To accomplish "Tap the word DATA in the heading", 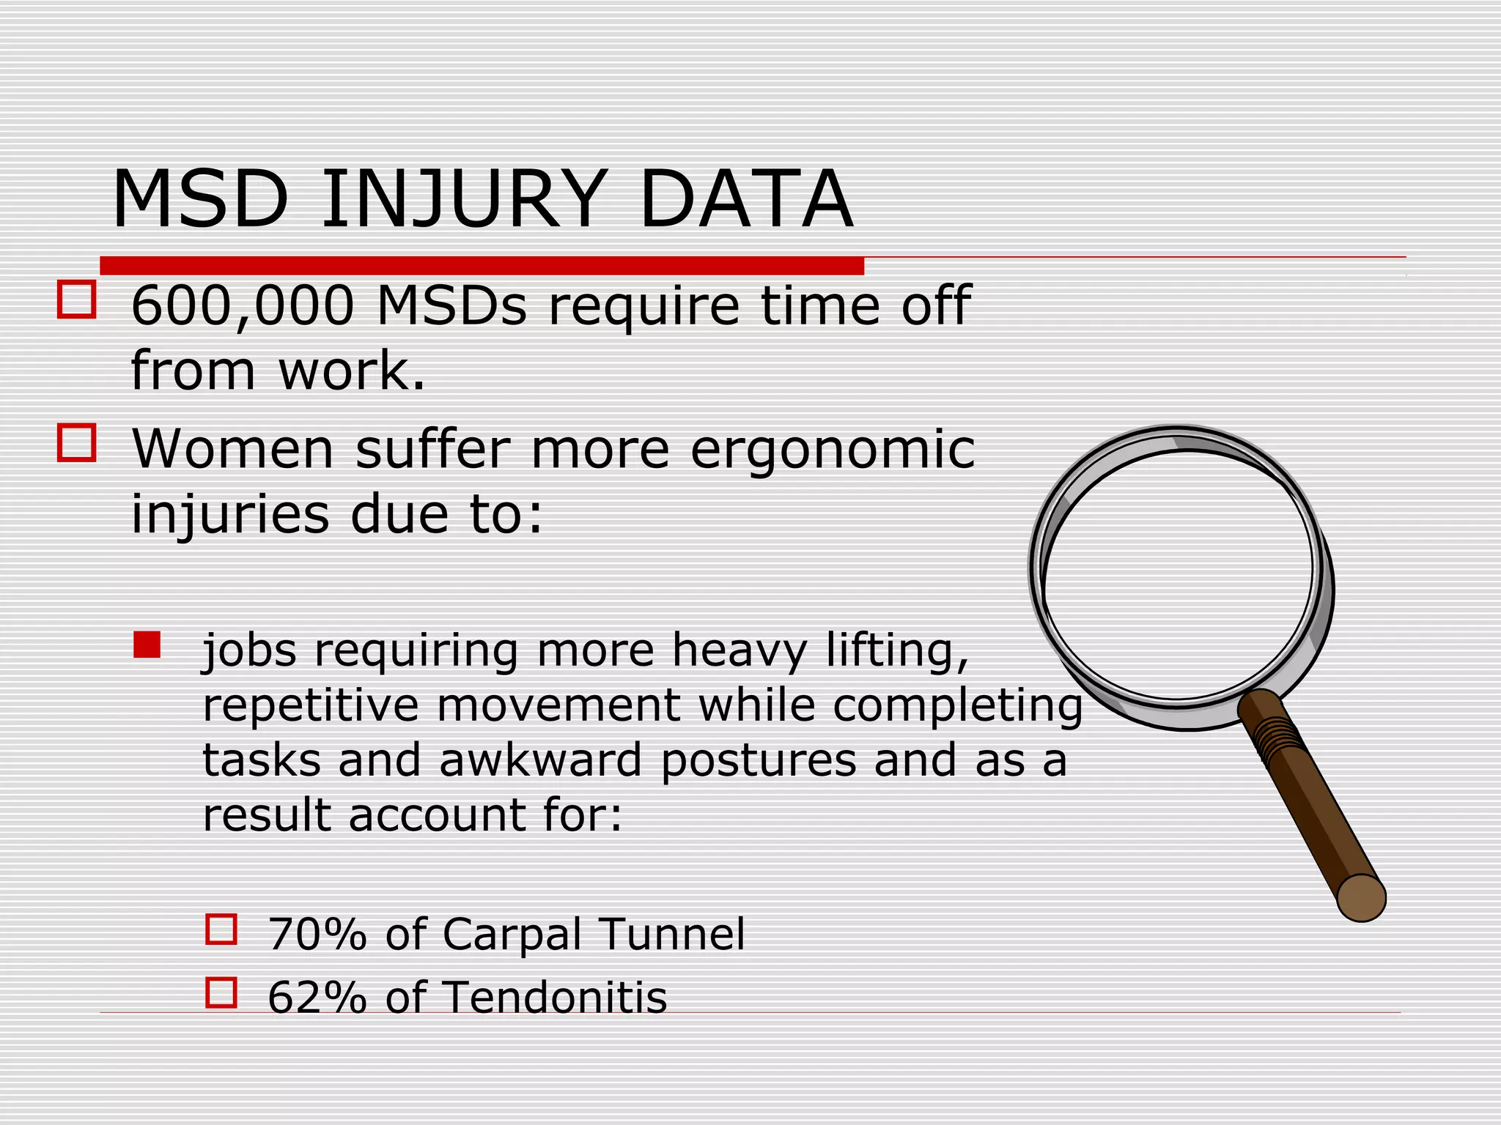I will tap(746, 200).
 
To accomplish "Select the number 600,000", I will tap(242, 306).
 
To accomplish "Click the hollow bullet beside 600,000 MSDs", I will tap(76, 300).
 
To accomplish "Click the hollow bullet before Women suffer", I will tap(76, 443).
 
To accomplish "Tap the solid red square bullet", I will tap(147, 645).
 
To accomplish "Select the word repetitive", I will tap(310, 706).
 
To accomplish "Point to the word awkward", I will tap(540, 760).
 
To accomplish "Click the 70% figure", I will tap(317, 935).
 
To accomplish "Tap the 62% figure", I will tap(317, 998).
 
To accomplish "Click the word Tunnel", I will tap(672, 935).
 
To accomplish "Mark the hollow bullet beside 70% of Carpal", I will tap(221, 929).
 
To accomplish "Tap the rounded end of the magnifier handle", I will tap(1361, 897).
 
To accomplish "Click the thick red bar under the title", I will tap(482, 266).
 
